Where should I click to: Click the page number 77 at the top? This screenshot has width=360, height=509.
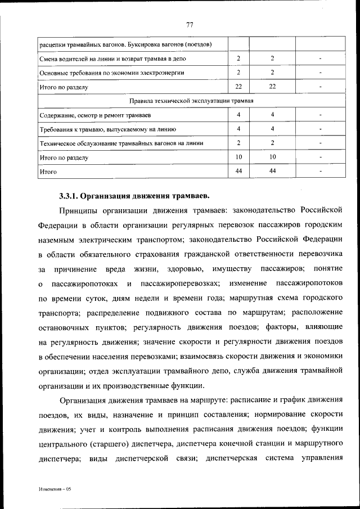[190, 25]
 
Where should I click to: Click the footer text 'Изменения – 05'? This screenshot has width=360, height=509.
[55, 489]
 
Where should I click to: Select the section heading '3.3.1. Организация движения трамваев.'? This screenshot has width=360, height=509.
[134, 196]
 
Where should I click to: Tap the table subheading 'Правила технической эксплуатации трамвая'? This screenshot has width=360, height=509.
[191, 101]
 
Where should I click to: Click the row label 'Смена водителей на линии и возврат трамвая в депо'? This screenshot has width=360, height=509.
[113, 58]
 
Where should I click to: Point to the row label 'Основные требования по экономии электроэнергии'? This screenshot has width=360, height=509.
[112, 73]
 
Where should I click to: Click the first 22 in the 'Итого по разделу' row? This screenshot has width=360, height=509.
[238, 87]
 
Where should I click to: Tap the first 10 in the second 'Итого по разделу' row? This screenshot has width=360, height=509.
[238, 157]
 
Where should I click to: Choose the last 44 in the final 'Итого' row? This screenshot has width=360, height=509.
[272, 171]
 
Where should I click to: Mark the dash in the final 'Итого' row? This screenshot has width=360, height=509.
[320, 172]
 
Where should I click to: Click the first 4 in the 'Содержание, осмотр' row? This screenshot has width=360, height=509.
[238, 115]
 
